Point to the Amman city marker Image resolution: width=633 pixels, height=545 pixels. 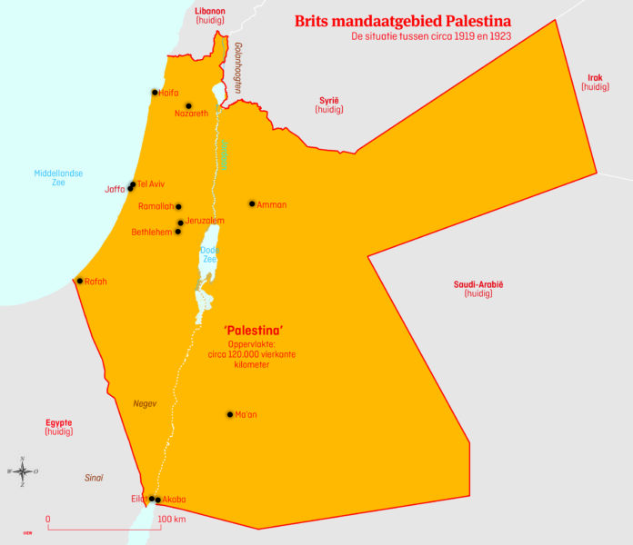point(252,204)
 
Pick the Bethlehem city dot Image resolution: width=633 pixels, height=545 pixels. point(177,232)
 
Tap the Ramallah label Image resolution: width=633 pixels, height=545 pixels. point(156,206)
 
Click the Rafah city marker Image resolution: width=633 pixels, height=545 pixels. point(80,282)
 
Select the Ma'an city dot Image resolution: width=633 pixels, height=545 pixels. point(229,415)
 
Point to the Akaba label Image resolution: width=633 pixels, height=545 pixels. point(174,500)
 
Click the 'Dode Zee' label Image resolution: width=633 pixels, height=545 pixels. point(209,254)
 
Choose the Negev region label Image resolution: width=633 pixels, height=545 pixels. point(145,403)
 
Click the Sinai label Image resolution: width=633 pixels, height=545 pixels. point(94,478)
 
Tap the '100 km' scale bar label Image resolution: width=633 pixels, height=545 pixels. point(172,520)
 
